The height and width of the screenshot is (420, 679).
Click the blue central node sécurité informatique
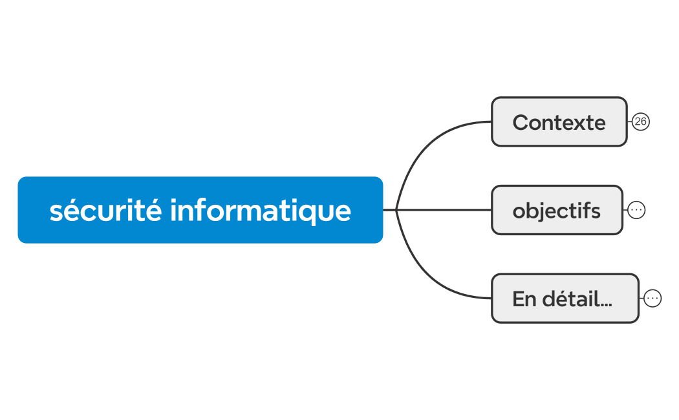[x=200, y=210]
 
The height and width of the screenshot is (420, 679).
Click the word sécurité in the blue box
[x=105, y=210]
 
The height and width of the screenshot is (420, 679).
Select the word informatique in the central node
[x=261, y=210]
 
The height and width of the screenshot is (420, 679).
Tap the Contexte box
[x=559, y=121]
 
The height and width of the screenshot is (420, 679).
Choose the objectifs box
[x=556, y=210]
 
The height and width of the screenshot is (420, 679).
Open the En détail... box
[x=565, y=299]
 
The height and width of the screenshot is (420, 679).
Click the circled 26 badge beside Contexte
[x=640, y=121]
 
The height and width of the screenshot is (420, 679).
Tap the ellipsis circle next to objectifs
[x=636, y=210]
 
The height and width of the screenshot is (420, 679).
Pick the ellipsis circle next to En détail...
[x=652, y=299]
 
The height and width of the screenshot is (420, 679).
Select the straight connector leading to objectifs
[x=446, y=210]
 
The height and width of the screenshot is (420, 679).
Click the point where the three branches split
[x=396, y=210]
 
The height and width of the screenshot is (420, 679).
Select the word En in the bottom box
[x=524, y=299]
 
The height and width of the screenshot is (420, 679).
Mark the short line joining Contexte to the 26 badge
[x=630, y=121]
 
